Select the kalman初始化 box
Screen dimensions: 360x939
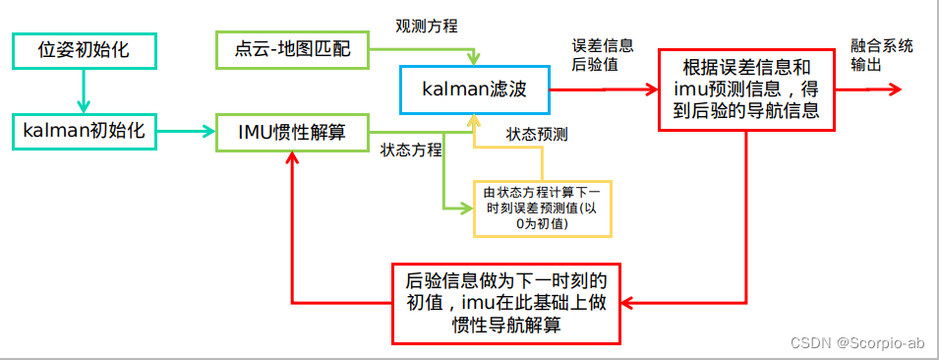(84, 131)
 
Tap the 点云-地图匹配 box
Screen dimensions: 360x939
(290, 48)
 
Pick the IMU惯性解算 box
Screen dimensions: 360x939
(292, 131)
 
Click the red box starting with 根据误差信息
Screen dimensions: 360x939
(746, 90)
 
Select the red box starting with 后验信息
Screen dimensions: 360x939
(506, 302)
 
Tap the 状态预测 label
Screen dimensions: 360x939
(537, 133)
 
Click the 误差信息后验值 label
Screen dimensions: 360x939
(602, 55)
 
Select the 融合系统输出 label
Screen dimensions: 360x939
(882, 55)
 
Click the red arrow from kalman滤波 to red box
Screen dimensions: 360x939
(602, 89)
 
